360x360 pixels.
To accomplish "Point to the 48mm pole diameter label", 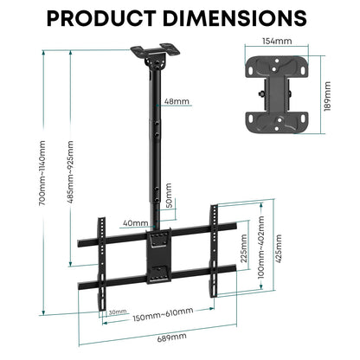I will pos(177,102).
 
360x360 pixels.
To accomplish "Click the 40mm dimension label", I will pos(135,223).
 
